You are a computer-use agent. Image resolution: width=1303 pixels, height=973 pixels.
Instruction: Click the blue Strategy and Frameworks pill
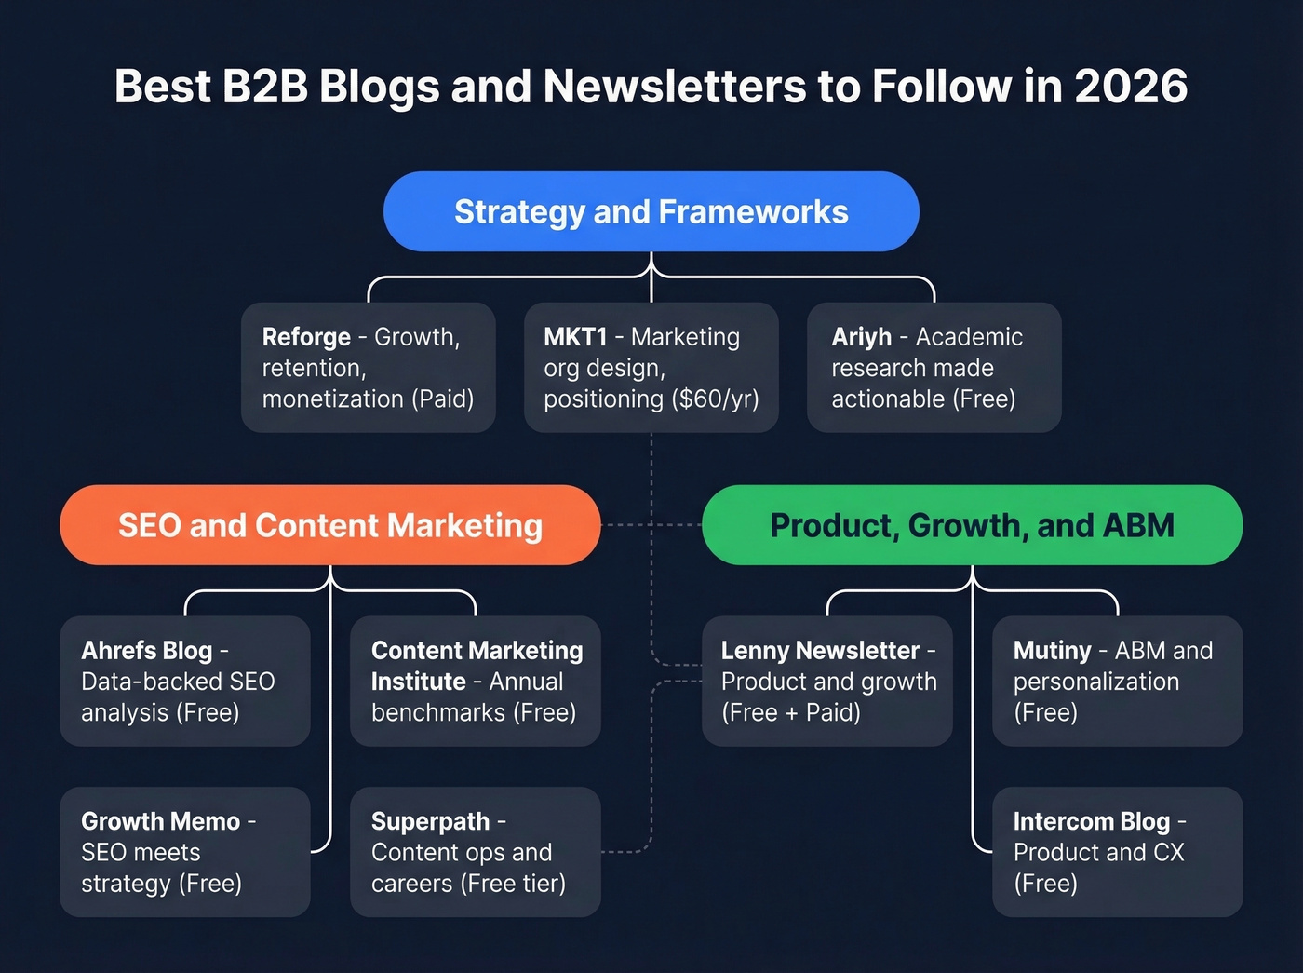click(x=651, y=211)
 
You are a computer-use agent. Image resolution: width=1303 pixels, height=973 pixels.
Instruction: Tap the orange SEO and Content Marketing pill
click(x=329, y=525)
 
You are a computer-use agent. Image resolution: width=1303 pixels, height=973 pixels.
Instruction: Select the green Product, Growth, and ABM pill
click(x=972, y=525)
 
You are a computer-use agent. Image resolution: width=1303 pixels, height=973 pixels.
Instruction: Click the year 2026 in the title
click(x=1131, y=87)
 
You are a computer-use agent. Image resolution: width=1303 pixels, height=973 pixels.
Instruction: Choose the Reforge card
click(x=368, y=367)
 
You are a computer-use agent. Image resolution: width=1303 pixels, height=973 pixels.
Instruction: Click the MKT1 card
click(x=651, y=367)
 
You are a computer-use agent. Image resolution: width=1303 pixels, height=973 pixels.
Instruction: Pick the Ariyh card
click(x=934, y=367)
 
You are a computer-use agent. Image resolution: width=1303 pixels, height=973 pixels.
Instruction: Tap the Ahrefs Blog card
click(x=184, y=681)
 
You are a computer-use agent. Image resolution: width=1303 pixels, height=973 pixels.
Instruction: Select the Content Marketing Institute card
click(x=475, y=681)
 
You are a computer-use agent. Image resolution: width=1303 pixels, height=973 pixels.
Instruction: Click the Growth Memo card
click(x=184, y=852)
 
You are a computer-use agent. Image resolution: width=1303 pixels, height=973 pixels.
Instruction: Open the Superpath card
click(x=475, y=852)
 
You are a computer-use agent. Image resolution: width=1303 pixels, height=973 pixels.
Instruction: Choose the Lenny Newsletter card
click(x=826, y=681)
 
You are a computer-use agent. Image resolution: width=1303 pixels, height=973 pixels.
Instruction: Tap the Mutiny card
click(x=1117, y=681)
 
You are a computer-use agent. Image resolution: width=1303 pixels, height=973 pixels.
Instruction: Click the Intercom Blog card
click(x=1117, y=852)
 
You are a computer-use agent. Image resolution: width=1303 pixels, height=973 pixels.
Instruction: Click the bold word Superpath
click(x=430, y=821)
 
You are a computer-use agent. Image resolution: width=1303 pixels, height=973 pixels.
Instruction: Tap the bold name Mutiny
click(x=1052, y=650)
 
